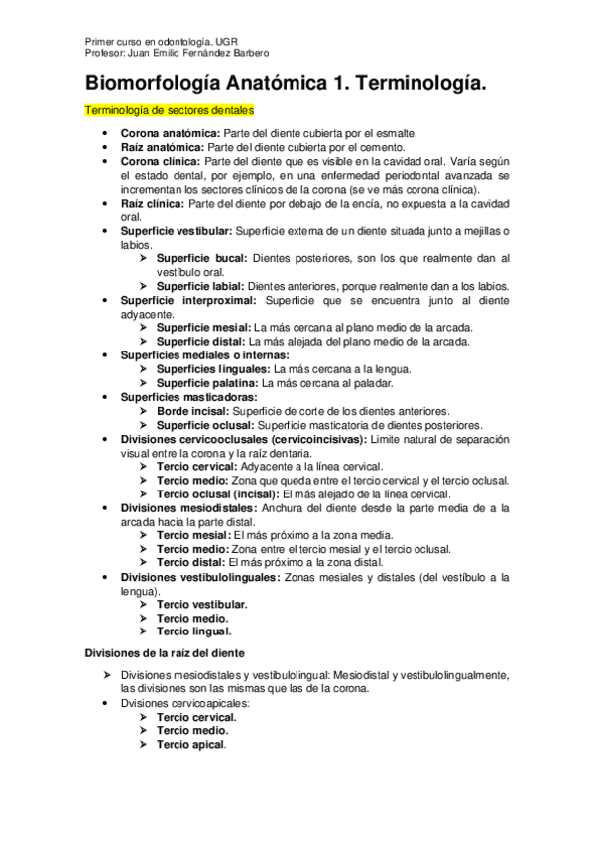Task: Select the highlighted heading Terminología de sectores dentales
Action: [x=168, y=111]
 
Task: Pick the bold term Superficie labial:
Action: [x=199, y=286]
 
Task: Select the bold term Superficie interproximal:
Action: [x=188, y=300]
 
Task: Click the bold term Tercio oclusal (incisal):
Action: [x=218, y=493]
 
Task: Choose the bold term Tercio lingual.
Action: [x=194, y=631]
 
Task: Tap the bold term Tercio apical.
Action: [x=191, y=744]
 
